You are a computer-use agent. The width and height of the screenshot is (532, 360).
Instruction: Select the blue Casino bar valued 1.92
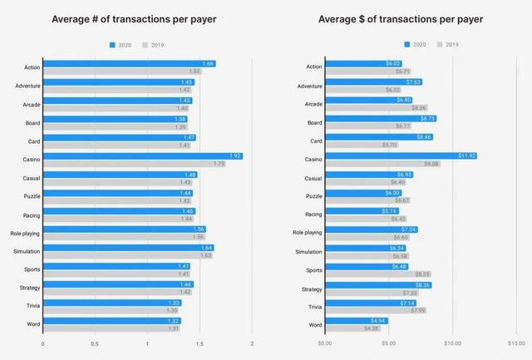point(142,155)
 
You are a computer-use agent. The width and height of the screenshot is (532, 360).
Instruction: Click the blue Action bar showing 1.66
point(129,63)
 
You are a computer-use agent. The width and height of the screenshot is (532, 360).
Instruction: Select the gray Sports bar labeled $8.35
point(378,274)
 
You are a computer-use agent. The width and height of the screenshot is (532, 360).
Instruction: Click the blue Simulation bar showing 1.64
point(128,248)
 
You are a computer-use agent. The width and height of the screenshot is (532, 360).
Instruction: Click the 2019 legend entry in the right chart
point(448,44)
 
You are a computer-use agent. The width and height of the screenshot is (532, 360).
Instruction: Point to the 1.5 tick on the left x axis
point(199,343)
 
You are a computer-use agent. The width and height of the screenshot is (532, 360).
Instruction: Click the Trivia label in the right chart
point(313,306)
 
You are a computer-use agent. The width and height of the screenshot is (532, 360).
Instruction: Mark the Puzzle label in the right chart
point(312,196)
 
